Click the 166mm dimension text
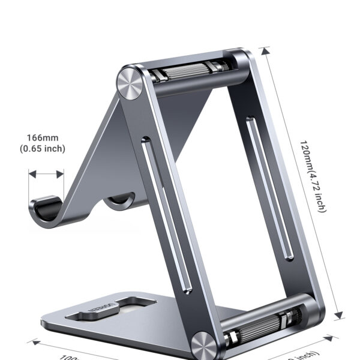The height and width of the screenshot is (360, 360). [43, 137]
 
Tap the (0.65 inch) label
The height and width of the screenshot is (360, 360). [43, 149]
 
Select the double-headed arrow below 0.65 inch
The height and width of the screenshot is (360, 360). [46, 174]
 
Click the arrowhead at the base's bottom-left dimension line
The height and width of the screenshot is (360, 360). [35, 343]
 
